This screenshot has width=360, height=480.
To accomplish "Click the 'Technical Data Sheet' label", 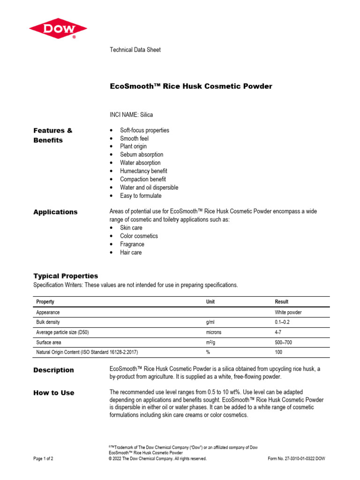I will click(x=135, y=50).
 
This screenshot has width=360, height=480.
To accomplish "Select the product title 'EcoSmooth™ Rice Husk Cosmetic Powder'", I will click(x=190, y=86).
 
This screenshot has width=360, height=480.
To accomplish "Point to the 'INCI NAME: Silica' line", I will click(x=131, y=114).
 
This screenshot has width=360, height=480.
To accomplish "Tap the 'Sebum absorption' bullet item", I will click(x=142, y=155).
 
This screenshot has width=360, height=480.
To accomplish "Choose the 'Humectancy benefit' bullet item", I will click(x=143, y=171).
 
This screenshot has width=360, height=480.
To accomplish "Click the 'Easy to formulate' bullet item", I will click(x=141, y=196).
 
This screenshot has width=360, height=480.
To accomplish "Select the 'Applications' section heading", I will click(x=55, y=212).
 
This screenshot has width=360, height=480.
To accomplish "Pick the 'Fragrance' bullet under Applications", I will click(x=132, y=244).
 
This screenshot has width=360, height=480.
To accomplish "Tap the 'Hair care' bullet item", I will click(x=131, y=253).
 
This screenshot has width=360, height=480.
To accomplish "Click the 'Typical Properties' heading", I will click(x=66, y=276).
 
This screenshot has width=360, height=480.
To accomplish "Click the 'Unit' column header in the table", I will click(x=210, y=302).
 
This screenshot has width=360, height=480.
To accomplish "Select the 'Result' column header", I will click(x=282, y=302).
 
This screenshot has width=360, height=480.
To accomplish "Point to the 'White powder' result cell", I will click(x=288, y=312).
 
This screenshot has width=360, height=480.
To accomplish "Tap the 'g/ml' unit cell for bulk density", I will click(x=210, y=322).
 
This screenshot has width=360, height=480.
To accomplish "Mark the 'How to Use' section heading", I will click(x=53, y=393).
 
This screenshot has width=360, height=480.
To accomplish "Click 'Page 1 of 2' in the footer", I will click(x=43, y=459).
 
